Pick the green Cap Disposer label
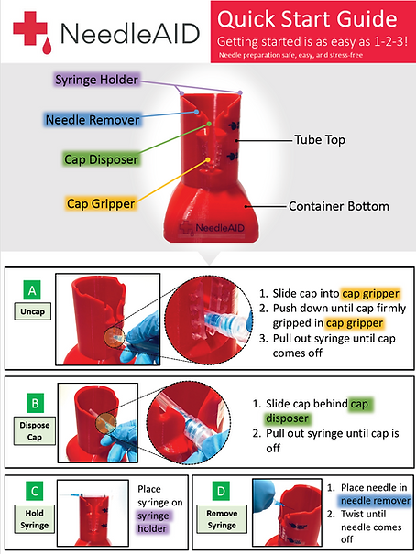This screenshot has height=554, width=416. [x=102, y=158]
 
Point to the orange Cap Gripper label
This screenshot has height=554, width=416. [x=101, y=201]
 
